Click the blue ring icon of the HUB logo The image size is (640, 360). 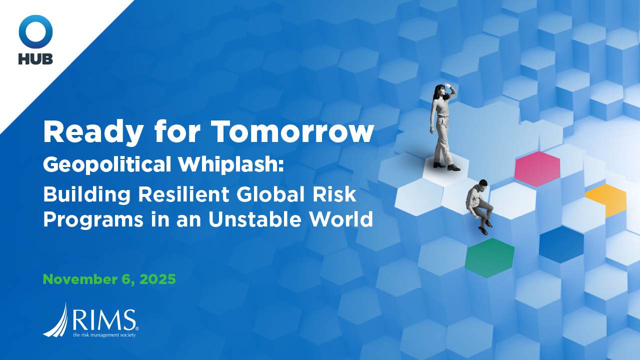coord(35,31)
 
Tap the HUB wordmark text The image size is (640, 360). coord(35,58)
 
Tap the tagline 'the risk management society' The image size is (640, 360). coord(104,334)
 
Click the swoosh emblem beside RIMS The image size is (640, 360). coord(56,320)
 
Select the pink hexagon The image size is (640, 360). coord(537,168)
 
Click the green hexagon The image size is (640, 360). coord(489,257)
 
